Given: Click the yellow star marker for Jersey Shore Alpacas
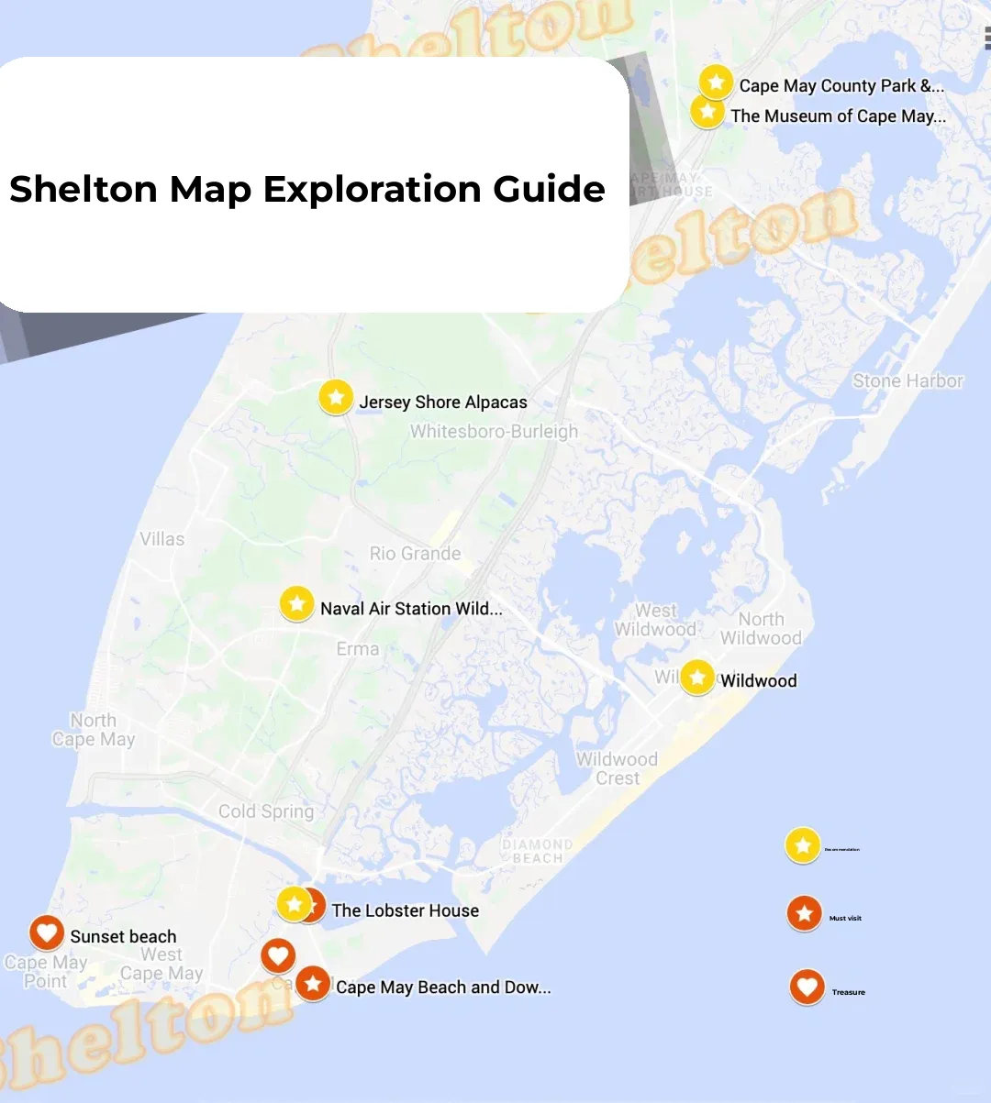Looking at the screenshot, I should [336, 398].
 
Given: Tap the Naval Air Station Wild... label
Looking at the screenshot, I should [411, 609].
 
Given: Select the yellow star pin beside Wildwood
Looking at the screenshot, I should [696, 678].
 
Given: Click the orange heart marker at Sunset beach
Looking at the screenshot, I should [46, 932].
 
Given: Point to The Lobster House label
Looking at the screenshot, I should [405, 910].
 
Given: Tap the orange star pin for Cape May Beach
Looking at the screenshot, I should [313, 984].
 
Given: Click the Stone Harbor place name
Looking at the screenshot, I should [907, 381].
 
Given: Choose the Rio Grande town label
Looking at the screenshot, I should [415, 554].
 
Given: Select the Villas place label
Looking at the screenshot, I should [162, 539].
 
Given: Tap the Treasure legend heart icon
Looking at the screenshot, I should [807, 987].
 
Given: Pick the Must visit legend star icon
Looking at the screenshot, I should [804, 913].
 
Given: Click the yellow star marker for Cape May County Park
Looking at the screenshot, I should [716, 83].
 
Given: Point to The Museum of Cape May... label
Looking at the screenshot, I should [838, 116].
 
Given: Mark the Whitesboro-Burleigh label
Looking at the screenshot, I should [494, 431].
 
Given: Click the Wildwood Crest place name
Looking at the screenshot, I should [617, 768].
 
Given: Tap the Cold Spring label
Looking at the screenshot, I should [266, 811].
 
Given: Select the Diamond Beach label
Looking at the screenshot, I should [537, 851].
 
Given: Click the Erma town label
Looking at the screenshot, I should [357, 649].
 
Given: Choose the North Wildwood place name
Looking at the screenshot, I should [761, 629].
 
